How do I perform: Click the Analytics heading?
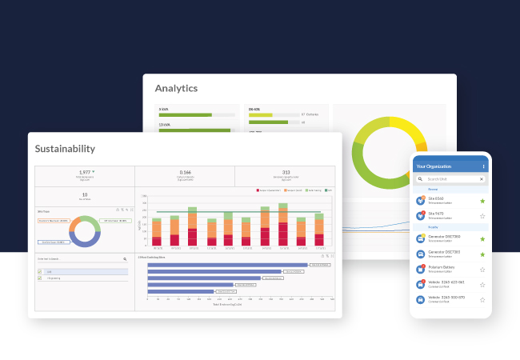[176, 88]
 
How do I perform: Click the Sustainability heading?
[65, 149]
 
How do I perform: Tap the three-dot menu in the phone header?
[483, 166]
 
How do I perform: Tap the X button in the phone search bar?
[481, 179]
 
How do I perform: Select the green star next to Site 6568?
[482, 201]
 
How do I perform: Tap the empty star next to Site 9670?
[482, 216]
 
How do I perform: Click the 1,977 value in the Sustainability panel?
[84, 172]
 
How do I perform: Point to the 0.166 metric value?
[185, 172]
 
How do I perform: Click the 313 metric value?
[285, 172]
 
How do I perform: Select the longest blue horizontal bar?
[228, 265]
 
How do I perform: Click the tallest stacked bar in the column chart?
[282, 224]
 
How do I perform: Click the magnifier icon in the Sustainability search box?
[125, 259]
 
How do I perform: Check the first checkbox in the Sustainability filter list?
[40, 272]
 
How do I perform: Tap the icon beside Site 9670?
[420, 216]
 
